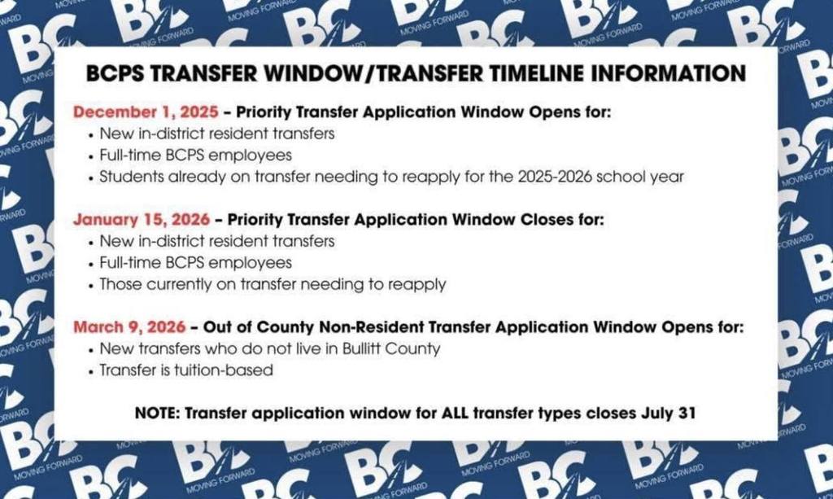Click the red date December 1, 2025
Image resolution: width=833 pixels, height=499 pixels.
(146, 112)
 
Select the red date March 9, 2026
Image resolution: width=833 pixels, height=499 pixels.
(130, 327)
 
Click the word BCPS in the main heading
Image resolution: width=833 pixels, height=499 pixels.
(116, 73)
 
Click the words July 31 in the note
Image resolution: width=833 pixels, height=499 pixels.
(669, 413)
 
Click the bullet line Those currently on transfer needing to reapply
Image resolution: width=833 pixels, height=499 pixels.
(273, 284)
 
